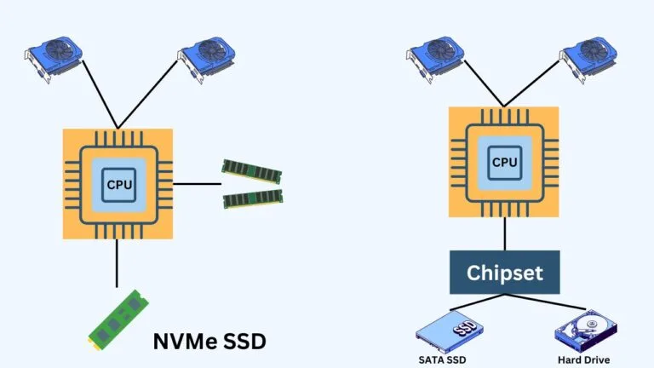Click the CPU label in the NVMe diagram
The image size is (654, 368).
118,183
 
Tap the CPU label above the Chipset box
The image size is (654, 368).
503,160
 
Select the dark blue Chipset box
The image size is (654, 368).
504,273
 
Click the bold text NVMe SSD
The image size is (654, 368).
209,342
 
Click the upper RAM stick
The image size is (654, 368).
250,169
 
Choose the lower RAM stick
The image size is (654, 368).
250,199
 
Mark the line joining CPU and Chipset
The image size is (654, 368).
504,233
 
